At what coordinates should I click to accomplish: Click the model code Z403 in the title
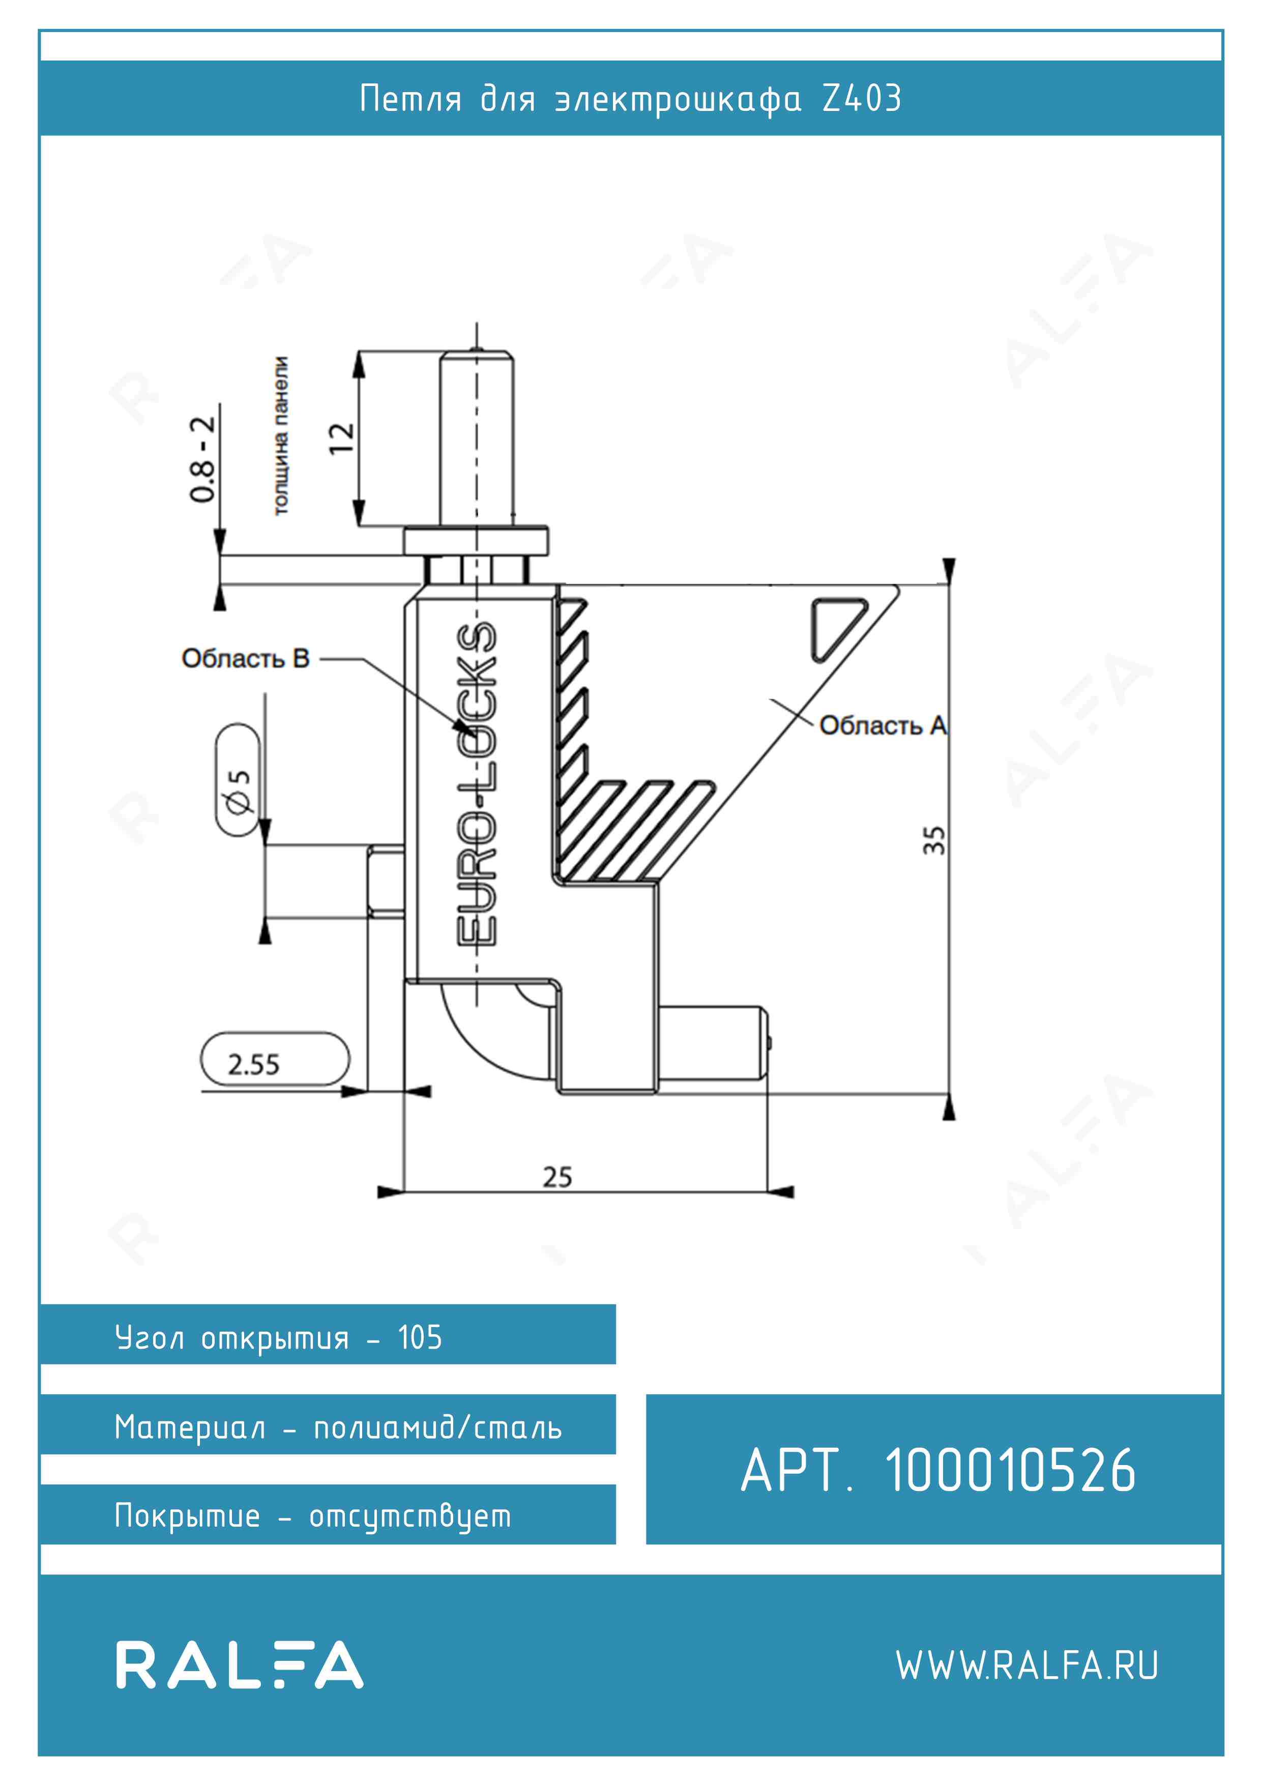tap(862, 99)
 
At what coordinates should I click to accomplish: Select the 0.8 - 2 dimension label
tap(202, 459)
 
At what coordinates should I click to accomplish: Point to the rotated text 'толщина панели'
tap(281, 435)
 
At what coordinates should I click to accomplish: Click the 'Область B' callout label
tap(246, 658)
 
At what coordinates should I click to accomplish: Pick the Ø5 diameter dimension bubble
tap(238, 780)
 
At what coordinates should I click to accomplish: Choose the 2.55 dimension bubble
tap(275, 1059)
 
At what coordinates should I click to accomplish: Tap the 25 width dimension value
tap(557, 1177)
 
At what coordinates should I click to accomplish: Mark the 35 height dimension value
tap(934, 840)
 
